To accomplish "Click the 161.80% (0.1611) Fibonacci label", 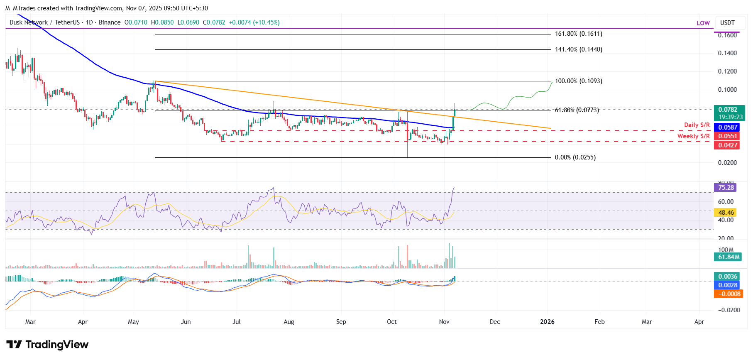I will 578,34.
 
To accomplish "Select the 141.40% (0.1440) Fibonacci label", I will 578,49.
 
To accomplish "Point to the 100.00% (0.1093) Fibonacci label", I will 578,81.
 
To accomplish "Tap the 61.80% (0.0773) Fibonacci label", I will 577,110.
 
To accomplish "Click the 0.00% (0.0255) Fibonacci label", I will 575,157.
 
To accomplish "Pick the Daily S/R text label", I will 697,125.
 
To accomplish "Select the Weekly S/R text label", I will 693,136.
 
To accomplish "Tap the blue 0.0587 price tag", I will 728,127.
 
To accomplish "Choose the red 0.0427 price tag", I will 728,145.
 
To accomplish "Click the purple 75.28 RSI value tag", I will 726,188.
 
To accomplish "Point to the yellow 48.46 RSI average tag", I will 726,213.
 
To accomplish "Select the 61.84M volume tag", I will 729,257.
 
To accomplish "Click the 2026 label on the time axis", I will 547,322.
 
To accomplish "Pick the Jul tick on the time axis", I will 237,322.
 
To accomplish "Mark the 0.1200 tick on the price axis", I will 727,71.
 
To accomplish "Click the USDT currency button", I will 727,23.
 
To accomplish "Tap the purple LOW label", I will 703,23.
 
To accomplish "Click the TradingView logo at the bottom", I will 47,345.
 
